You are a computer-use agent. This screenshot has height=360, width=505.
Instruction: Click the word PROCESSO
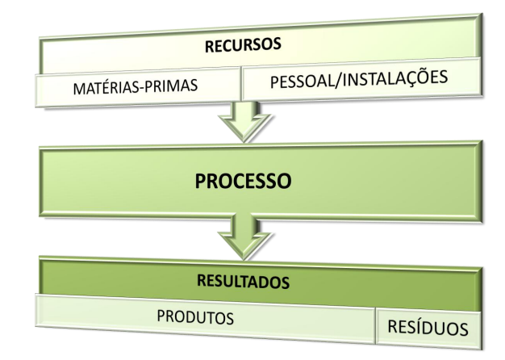[x=242, y=181]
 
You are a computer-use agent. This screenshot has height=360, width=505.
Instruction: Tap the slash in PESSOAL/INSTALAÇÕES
[x=338, y=81]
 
